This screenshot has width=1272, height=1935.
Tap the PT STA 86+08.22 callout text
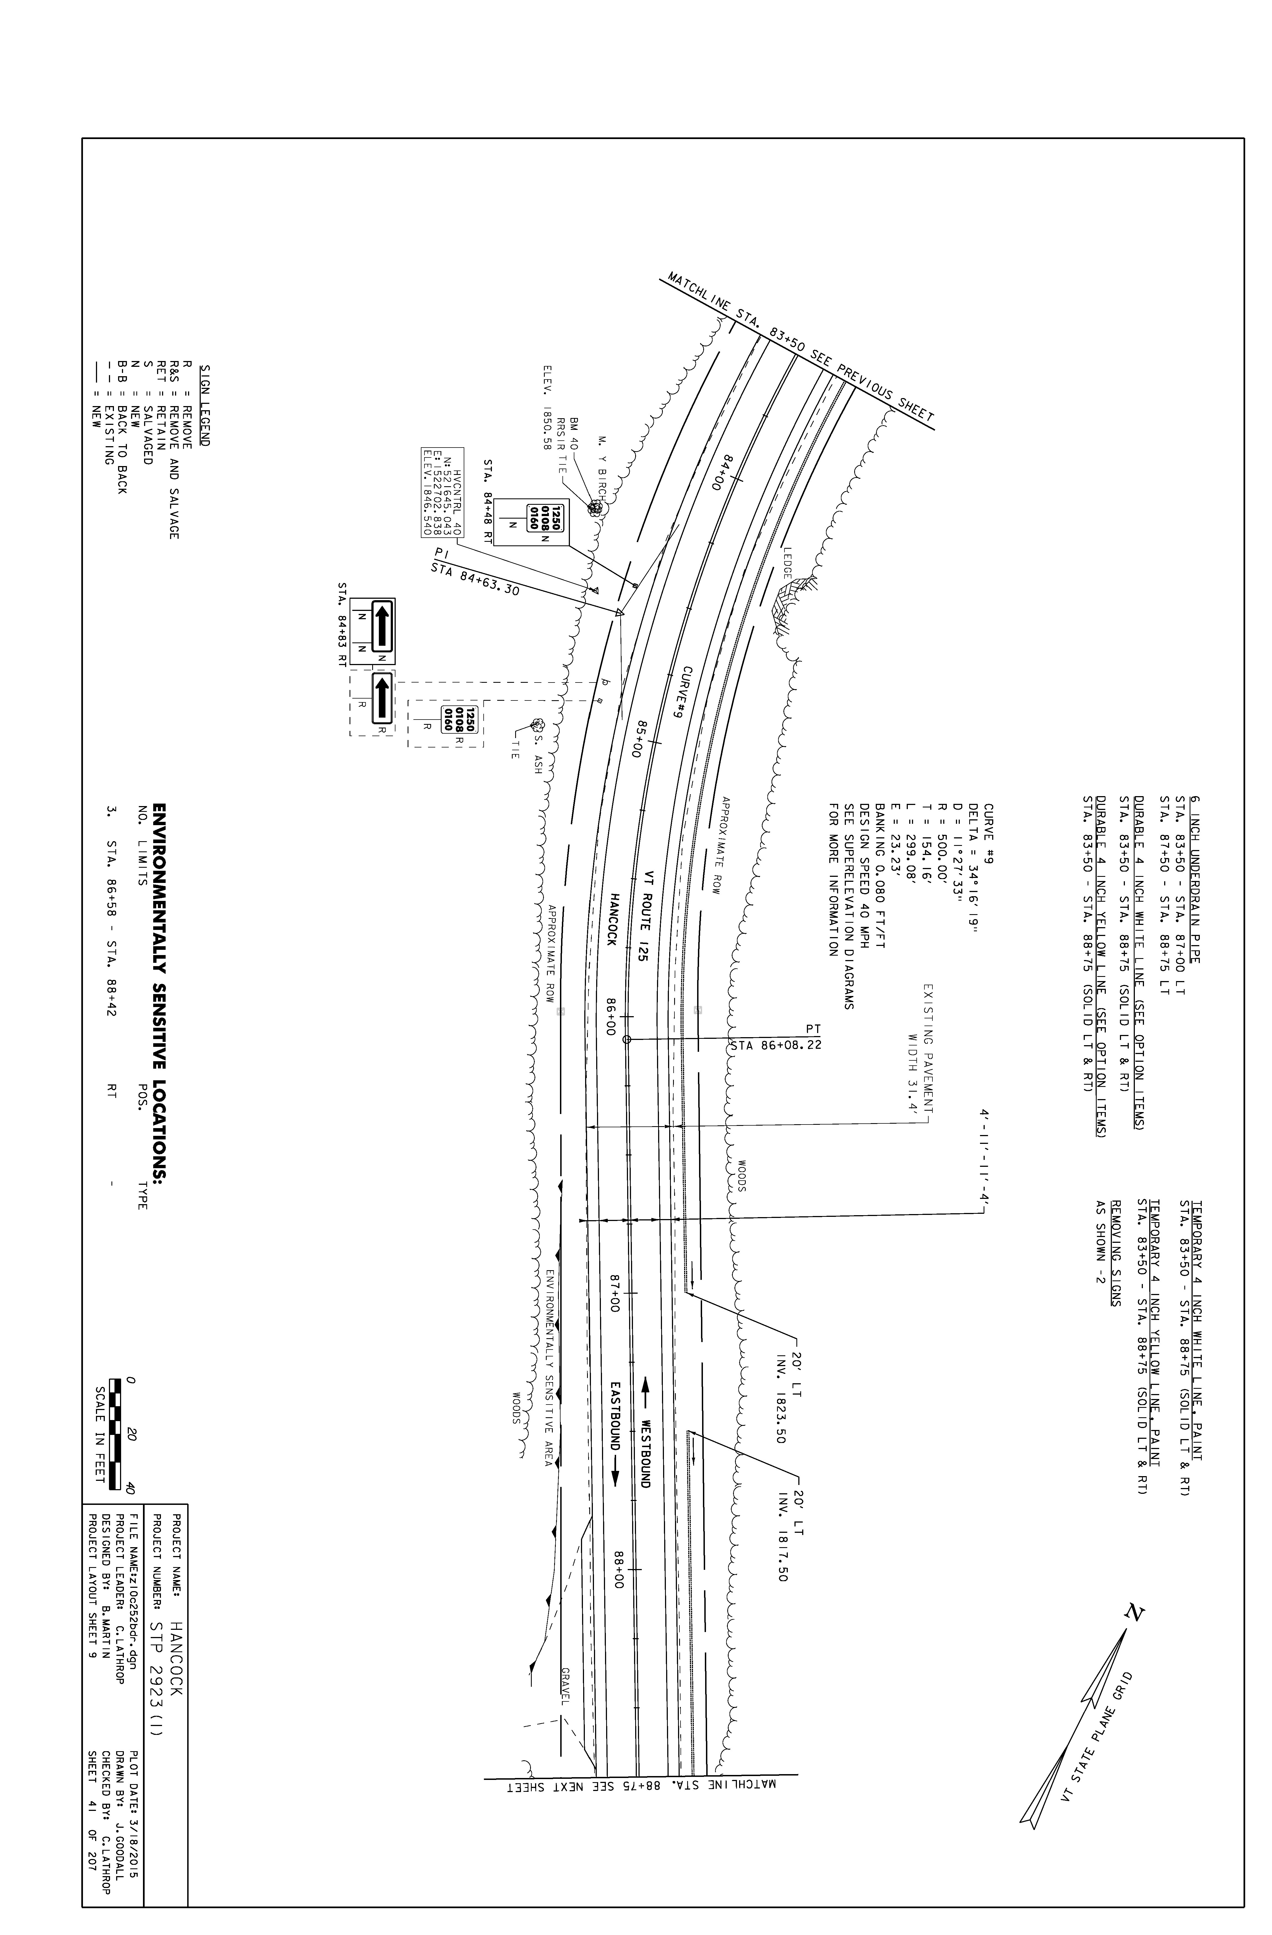[776, 1037]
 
